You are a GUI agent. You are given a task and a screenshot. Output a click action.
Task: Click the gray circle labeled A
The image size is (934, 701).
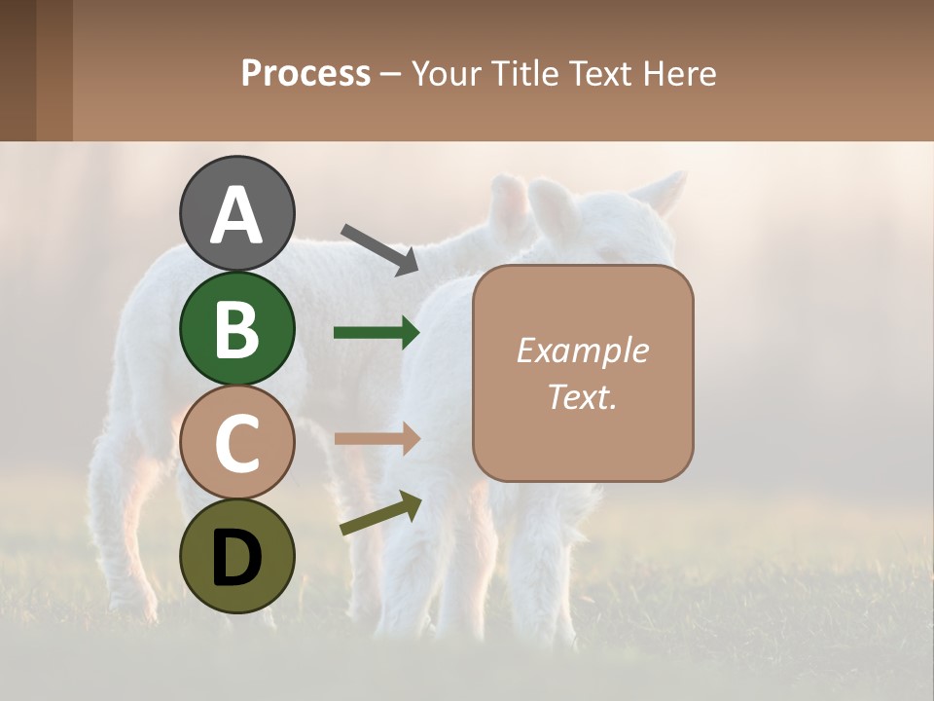pyautogui.click(x=236, y=213)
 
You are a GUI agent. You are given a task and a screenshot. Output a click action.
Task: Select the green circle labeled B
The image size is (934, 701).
pyautogui.click(x=236, y=328)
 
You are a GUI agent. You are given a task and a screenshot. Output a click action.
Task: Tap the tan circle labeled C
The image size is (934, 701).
pyautogui.click(x=236, y=442)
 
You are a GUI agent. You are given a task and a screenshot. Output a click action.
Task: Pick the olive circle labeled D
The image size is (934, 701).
pyautogui.click(x=236, y=556)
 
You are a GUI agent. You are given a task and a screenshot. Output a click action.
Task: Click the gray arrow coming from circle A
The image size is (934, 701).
pyautogui.click(x=379, y=249)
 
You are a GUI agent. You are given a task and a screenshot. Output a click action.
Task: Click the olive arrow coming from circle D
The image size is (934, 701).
pyautogui.click(x=380, y=514)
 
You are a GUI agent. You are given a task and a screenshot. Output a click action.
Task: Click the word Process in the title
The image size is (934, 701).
pyautogui.click(x=305, y=73)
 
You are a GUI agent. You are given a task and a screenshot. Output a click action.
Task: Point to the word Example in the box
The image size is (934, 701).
pyautogui.click(x=582, y=350)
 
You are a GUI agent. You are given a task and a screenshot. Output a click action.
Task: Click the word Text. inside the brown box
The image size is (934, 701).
pyautogui.click(x=582, y=396)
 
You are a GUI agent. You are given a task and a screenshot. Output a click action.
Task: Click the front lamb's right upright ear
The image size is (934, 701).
pyautogui.click(x=665, y=191)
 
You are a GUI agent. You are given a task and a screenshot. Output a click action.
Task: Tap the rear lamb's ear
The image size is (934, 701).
pyautogui.click(x=510, y=209)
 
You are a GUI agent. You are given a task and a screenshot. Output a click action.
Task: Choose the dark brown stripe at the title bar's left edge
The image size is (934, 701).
pyautogui.click(x=18, y=70)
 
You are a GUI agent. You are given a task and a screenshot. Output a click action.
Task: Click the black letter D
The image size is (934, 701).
pyautogui.click(x=236, y=557)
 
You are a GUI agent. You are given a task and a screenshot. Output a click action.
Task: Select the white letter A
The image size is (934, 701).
pyautogui.click(x=236, y=214)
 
